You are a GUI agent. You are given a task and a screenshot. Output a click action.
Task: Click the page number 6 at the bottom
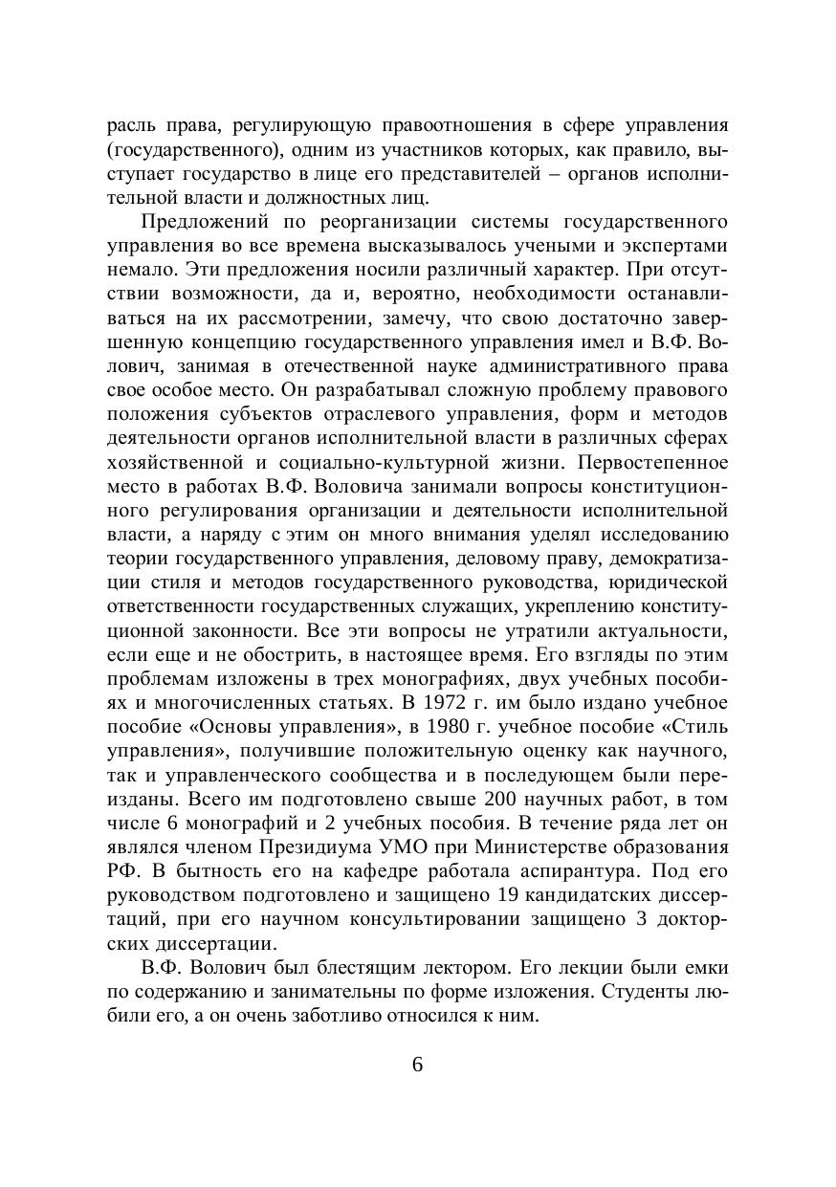tap(417, 1066)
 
